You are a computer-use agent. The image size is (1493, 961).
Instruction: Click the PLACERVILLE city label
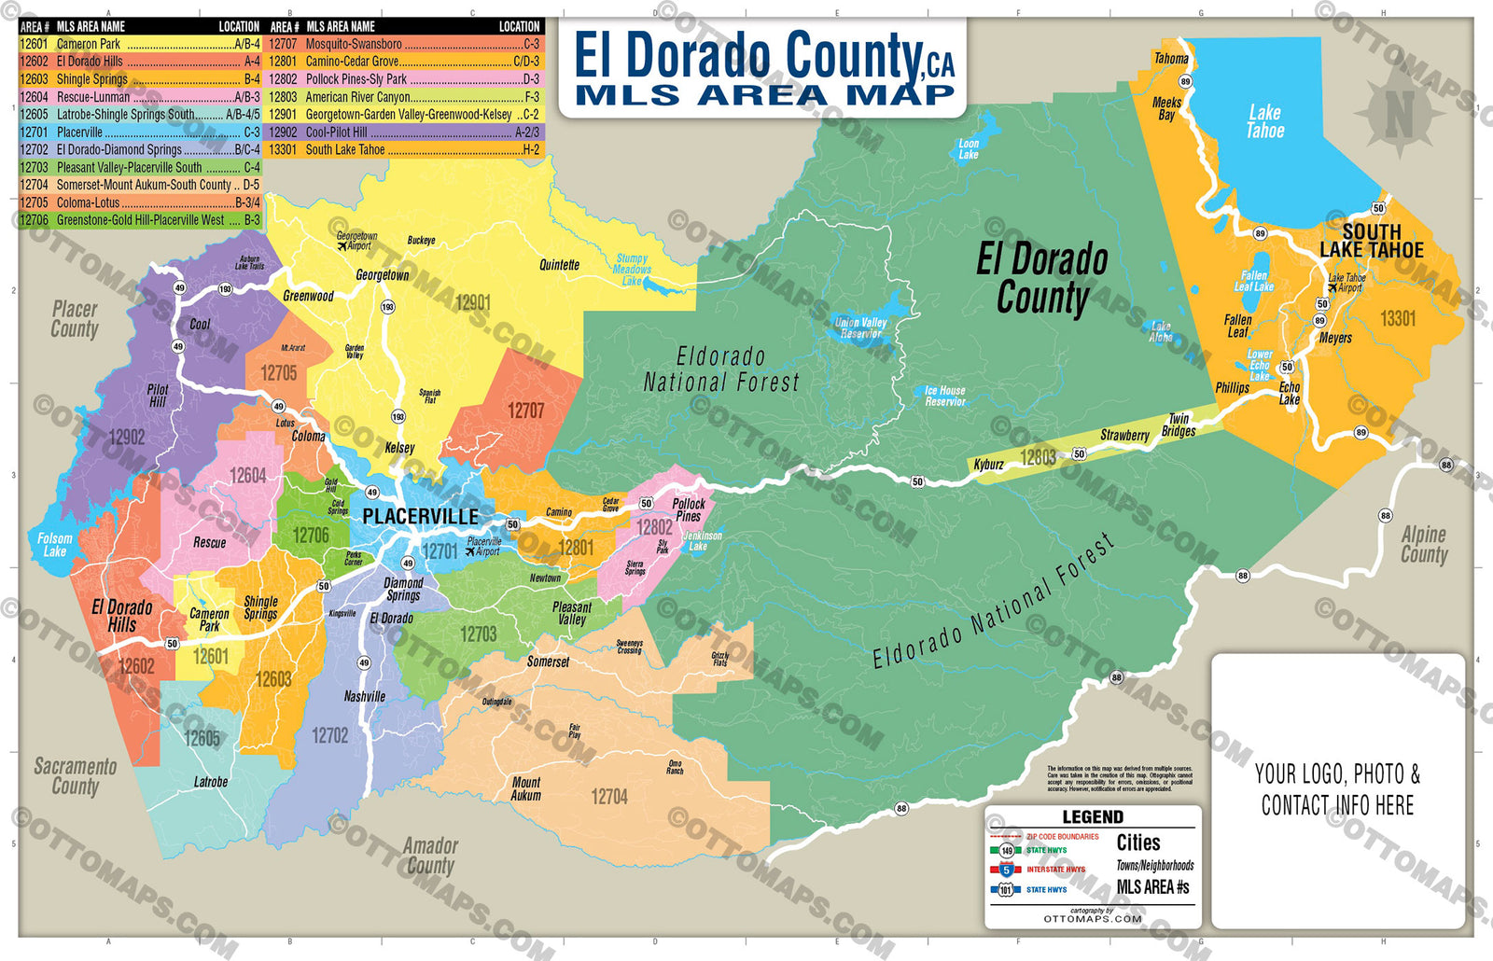(420, 516)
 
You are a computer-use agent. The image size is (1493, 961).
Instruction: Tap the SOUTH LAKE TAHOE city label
(1372, 241)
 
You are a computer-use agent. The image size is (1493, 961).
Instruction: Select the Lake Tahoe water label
(1265, 122)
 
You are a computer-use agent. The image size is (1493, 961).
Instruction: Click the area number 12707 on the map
(525, 411)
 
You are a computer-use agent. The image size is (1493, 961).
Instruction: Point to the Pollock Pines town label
(689, 509)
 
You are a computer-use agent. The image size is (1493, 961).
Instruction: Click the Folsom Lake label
(54, 544)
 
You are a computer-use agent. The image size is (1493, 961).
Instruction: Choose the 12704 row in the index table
(140, 185)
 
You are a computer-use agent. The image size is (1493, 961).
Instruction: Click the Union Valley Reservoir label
(860, 327)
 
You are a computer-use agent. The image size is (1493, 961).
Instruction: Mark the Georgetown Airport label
(356, 241)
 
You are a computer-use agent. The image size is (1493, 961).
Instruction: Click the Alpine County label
(1424, 544)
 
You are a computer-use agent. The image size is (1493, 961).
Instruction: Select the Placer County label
(75, 318)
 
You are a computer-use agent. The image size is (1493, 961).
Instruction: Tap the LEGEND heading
(1093, 816)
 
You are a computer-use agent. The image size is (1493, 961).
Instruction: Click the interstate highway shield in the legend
(1006, 870)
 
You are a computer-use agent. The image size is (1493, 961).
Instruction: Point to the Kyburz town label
(989, 464)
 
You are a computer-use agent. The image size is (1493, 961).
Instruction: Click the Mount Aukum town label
(525, 788)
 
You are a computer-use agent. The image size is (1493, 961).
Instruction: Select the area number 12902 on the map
(127, 437)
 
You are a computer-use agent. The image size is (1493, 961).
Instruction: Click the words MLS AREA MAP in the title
(764, 94)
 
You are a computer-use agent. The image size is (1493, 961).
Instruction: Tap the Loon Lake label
(969, 149)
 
